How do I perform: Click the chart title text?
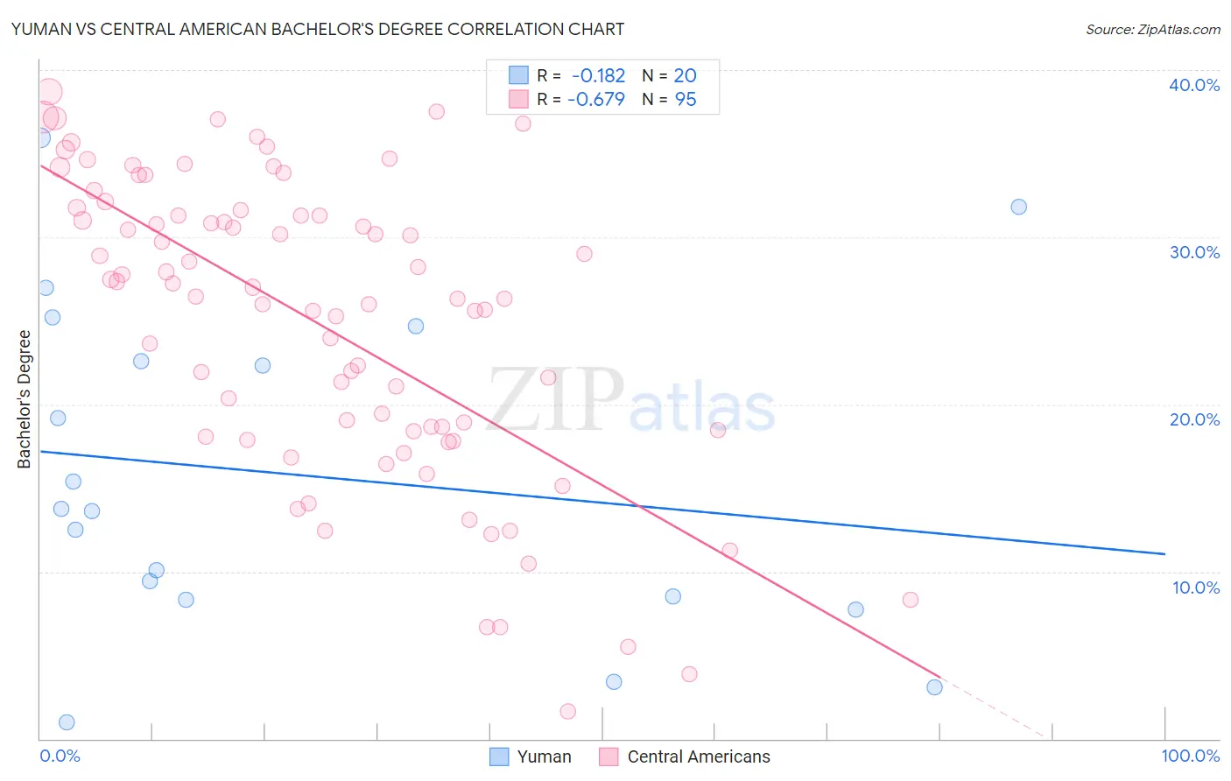318,29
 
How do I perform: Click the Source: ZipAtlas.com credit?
1152,29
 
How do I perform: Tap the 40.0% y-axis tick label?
1193,85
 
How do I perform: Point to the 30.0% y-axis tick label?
1193,252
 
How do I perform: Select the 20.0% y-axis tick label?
1193,419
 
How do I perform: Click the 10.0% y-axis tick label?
1195,588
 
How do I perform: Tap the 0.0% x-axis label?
60,756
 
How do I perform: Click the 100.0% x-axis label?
1190,756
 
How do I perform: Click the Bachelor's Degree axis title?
25,398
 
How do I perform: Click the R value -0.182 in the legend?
598,76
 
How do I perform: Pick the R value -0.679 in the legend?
596,100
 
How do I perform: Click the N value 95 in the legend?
686,100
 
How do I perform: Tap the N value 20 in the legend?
685,76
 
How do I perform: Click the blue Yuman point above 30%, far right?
1018,207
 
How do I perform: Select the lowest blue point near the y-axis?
67,722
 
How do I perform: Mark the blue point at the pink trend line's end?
934,687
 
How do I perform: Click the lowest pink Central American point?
567,711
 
